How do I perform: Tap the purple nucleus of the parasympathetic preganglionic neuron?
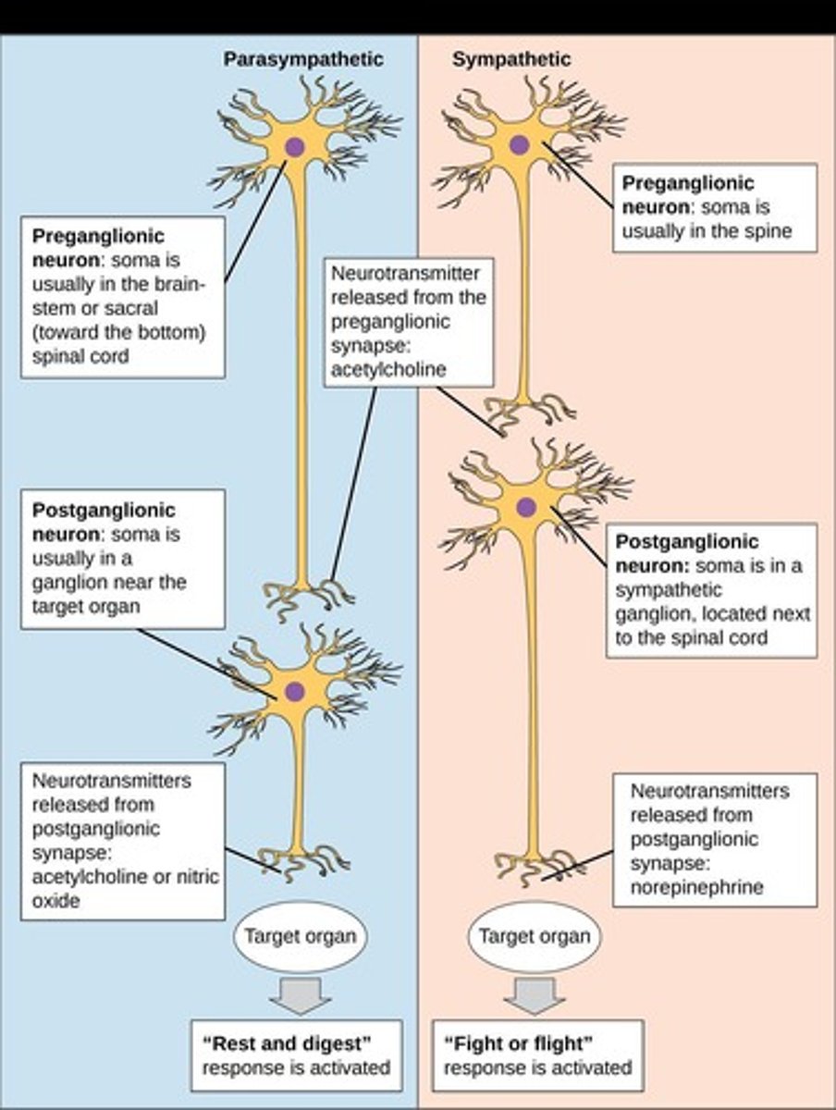tap(294, 146)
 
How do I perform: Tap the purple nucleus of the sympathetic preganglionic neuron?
tap(519, 143)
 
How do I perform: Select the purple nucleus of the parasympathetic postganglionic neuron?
tap(294, 690)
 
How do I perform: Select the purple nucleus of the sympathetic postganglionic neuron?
tap(525, 506)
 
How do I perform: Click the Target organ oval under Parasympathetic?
tap(299, 936)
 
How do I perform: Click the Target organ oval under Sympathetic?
tap(534, 936)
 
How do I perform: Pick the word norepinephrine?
tap(697, 887)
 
